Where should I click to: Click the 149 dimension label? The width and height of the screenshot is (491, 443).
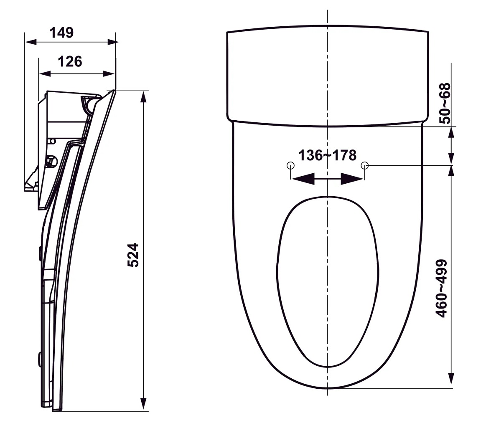62,33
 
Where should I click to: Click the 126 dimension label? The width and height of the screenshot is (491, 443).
70,62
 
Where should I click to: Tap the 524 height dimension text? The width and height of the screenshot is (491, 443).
133,255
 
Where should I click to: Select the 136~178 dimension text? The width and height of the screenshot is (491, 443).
327,155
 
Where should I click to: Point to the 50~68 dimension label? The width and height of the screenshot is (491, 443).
445,103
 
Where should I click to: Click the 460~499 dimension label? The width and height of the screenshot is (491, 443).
442,288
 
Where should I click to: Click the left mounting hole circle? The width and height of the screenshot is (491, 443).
290,165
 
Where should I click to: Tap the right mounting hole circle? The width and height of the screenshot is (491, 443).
364,165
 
